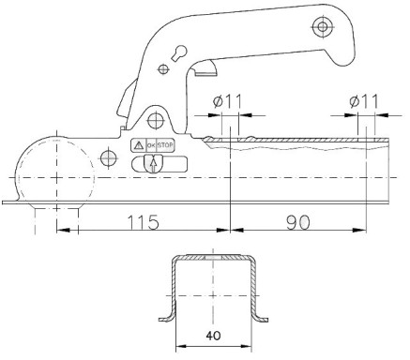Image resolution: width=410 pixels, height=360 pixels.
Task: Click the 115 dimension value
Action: [x=143, y=222]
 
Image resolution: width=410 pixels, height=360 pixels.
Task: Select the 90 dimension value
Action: [x=298, y=222]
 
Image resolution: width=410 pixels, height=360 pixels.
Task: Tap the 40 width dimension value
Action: [x=213, y=336]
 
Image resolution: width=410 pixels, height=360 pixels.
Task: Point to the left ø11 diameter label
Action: [x=227, y=101]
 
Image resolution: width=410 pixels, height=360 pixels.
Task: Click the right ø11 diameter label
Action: [x=364, y=101]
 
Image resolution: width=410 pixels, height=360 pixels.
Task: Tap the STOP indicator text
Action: [x=165, y=145]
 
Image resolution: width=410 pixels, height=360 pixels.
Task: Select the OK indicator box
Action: [x=151, y=145]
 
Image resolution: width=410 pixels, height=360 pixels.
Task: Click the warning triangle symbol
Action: [x=138, y=145]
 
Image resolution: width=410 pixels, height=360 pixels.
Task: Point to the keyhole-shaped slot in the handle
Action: [x=179, y=52]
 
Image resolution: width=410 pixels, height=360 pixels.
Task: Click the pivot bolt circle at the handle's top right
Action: [x=322, y=26]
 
